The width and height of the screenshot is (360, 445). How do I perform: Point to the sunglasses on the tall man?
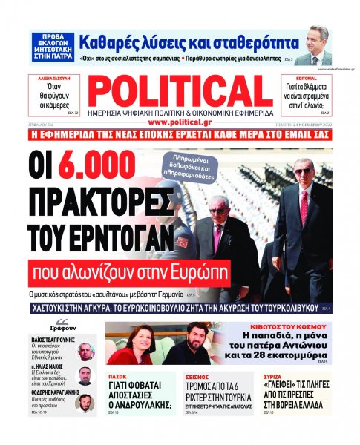tap(303, 171)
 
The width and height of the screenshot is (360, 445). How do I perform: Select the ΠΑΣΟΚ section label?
tap(118, 375)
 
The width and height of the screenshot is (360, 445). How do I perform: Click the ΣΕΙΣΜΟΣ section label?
tap(192, 375)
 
